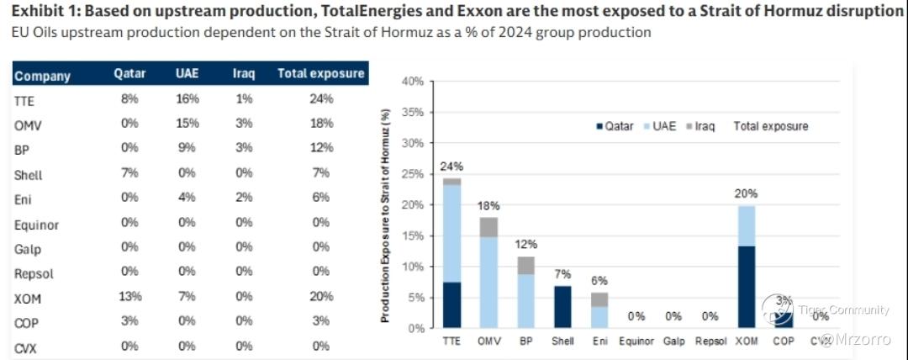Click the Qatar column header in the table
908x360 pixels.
[x=129, y=73]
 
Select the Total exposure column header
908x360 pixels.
[x=320, y=73]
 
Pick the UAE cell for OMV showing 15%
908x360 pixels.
[x=187, y=124]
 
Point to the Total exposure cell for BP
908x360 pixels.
[x=320, y=149]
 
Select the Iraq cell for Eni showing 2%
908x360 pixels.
[x=244, y=199]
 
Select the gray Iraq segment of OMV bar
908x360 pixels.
[x=488, y=227]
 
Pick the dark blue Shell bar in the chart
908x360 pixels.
[x=563, y=307]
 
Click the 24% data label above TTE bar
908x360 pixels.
[x=451, y=166]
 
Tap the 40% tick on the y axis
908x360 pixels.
[x=412, y=82]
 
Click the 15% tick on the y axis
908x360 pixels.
[x=412, y=236]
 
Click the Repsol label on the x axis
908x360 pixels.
[x=710, y=341]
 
